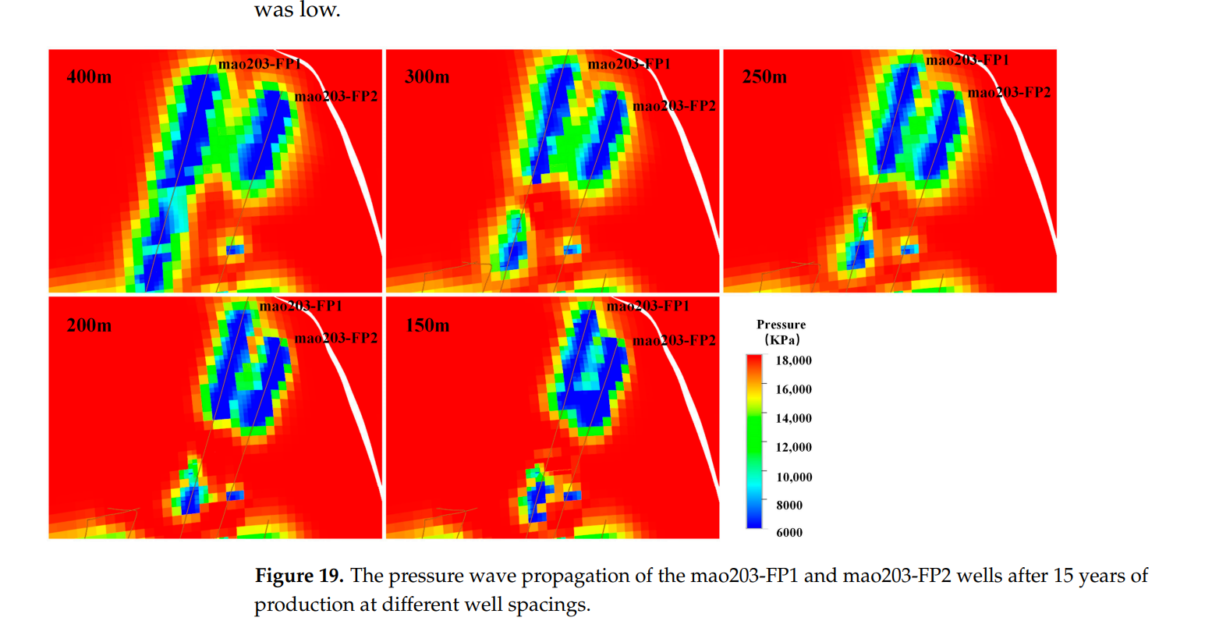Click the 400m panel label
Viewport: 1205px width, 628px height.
click(89, 77)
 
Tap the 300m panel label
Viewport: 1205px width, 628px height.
click(427, 77)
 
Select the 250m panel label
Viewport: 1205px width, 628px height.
click(764, 77)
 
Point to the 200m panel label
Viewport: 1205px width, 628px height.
click(89, 325)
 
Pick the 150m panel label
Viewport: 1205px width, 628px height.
click(427, 325)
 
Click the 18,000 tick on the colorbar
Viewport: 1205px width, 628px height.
click(793, 360)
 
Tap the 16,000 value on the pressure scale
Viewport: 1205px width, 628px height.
click(793, 389)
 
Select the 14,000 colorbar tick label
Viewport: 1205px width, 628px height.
click(793, 418)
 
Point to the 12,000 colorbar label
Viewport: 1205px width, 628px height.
click(793, 447)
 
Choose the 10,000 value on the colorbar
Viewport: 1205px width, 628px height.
click(793, 477)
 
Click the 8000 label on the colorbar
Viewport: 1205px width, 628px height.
click(789, 505)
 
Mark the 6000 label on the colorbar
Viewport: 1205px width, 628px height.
click(789, 532)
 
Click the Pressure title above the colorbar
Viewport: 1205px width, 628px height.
click(781, 325)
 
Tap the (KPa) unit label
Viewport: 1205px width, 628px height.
click(781, 339)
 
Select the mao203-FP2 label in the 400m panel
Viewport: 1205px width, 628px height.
click(336, 97)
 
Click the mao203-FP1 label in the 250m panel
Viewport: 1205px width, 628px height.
click(967, 60)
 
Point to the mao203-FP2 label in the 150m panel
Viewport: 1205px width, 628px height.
click(674, 340)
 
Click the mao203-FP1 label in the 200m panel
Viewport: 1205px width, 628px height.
click(300, 306)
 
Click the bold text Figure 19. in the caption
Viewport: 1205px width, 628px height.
click(299, 576)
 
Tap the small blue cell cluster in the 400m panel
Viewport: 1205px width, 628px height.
click(235, 250)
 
